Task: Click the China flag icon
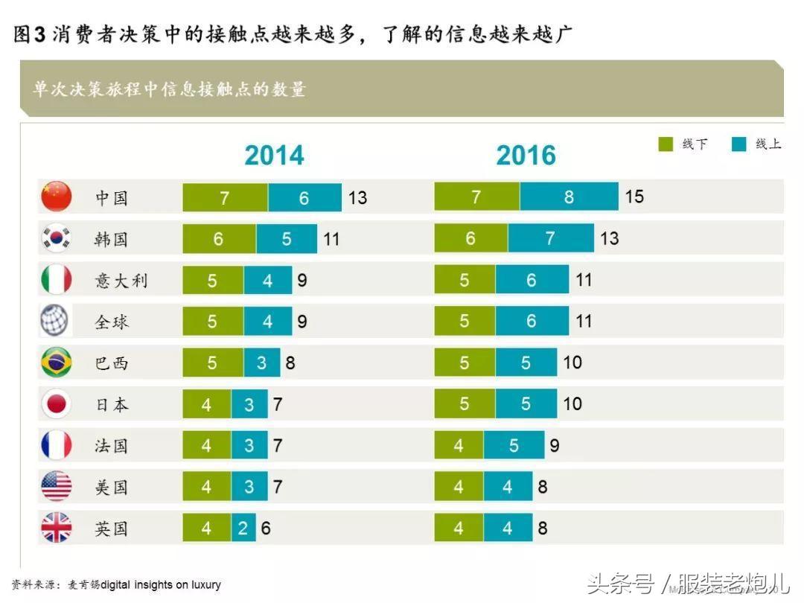[x=56, y=197]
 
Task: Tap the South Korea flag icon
[x=56, y=238]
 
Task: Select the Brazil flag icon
[x=56, y=363]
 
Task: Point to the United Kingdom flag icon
[x=56, y=529]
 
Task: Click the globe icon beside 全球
[x=55, y=322]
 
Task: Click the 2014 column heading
[x=274, y=155]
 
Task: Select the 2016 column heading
[x=526, y=155]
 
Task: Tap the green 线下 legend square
[x=666, y=144]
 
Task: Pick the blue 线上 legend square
[x=738, y=144]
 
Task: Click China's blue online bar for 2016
[x=569, y=197]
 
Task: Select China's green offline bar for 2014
[x=225, y=197]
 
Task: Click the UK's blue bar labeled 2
[x=243, y=529]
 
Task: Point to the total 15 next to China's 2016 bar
[x=634, y=197]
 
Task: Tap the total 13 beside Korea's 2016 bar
[x=609, y=238]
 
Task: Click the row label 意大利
[x=121, y=281]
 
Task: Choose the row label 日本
[x=112, y=405]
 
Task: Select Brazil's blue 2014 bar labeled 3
[x=261, y=363]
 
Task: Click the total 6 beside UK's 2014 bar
[x=266, y=529]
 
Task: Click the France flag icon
[x=56, y=446]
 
